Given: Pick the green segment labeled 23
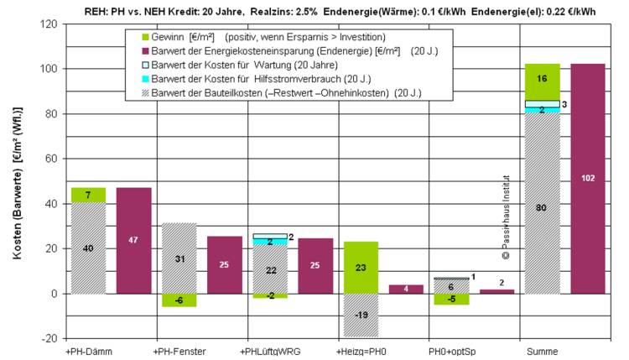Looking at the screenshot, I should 361,267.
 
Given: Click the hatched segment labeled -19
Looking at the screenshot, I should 361,315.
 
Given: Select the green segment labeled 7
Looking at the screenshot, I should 88,195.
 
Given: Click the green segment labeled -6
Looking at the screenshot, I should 179,300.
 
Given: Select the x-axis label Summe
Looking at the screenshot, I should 538,350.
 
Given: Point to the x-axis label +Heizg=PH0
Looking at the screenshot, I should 360,350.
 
